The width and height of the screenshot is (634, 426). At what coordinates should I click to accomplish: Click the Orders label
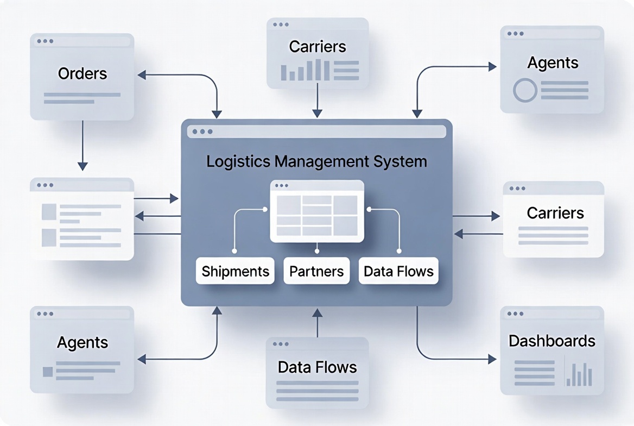83,73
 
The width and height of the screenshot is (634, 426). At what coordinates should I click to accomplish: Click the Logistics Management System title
316,161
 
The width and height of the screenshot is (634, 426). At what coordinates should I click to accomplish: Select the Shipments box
235,271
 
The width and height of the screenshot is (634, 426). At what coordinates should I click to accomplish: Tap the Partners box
316,271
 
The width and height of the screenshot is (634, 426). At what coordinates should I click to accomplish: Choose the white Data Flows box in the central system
398,271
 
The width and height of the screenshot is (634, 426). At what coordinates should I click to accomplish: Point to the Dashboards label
551,341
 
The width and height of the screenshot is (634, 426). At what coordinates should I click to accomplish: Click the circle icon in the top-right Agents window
525,90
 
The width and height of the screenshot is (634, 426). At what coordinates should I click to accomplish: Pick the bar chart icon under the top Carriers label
305,71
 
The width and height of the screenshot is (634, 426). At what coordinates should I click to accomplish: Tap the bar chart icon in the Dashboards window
579,374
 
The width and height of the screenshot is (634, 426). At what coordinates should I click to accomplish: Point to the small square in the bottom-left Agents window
48,372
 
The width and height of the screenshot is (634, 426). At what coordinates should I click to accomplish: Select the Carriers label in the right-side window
555,212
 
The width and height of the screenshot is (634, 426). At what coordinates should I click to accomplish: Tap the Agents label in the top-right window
553,62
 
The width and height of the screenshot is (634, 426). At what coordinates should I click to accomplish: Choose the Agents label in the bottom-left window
83,342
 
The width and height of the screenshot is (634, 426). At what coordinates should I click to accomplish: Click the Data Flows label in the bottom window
317,367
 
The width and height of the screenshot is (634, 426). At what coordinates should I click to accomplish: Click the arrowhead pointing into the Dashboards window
492,359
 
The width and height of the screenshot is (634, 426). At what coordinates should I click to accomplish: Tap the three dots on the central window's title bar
202,131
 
